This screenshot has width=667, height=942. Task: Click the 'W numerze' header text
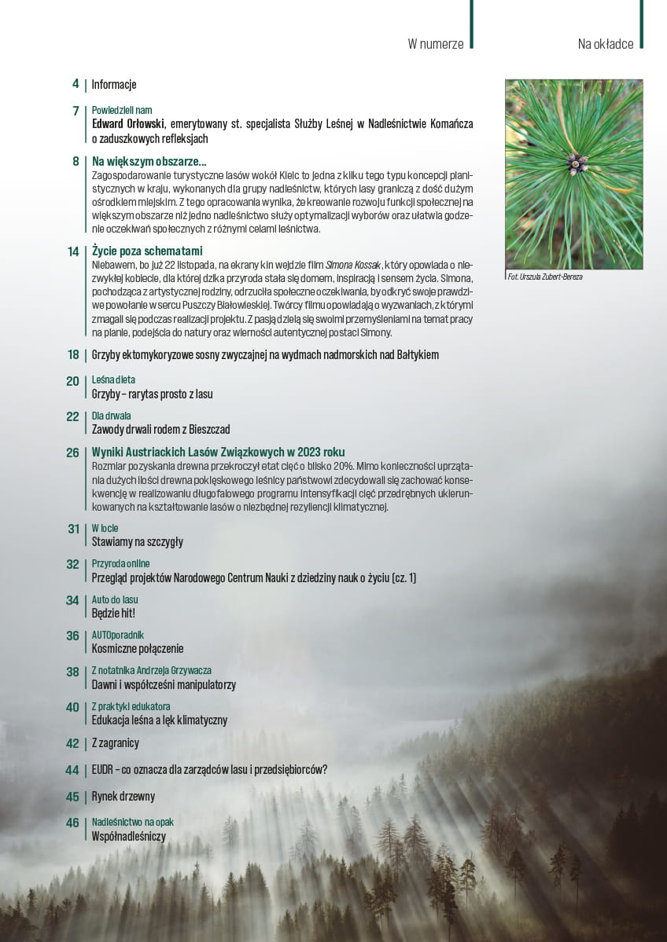[435, 44]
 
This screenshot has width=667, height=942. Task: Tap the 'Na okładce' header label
[605, 44]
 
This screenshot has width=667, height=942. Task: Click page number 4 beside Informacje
[76, 84]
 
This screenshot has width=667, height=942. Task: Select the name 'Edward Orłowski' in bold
[127, 124]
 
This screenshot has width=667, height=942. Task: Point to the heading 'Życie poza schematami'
[147, 251]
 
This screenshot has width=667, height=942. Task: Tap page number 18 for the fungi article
[73, 355]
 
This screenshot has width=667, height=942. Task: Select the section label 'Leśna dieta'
[113, 380]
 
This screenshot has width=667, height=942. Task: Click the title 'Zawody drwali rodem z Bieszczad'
[160, 430]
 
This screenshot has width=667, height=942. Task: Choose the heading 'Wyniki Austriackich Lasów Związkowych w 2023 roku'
[218, 453]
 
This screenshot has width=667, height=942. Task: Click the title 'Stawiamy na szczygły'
[137, 542]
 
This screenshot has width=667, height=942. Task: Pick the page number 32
[73, 564]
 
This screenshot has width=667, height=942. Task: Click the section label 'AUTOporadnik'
[118, 635]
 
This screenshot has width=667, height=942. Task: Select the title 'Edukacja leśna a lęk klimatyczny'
[160, 720]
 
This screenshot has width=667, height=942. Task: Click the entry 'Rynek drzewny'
[123, 796]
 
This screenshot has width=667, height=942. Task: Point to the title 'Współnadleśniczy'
[128, 836]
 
